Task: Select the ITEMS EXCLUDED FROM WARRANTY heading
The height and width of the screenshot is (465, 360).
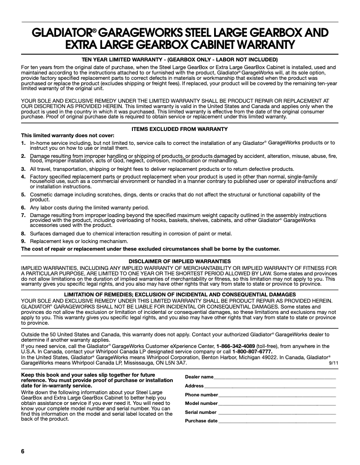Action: pyautogui.click(x=180, y=129)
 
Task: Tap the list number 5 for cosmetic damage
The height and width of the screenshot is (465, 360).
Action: pyautogui.click(x=23, y=195)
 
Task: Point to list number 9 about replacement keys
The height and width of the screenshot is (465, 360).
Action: pyautogui.click(x=23, y=241)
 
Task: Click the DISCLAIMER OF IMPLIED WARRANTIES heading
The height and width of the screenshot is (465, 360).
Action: pyautogui.click(x=180, y=261)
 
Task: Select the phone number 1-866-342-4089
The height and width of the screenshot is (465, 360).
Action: pyautogui.click(x=236, y=346)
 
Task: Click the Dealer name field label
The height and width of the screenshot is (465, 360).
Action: pyautogui.click(x=199, y=377)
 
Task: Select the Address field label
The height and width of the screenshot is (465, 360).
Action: pyautogui.click(x=194, y=386)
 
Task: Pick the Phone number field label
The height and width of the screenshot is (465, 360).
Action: pyautogui.click(x=202, y=395)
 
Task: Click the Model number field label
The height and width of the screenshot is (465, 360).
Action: pyautogui.click(x=201, y=403)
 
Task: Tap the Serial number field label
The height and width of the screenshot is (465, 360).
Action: pyautogui.click(x=201, y=412)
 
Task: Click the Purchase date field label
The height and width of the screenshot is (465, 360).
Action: pyautogui.click(x=201, y=421)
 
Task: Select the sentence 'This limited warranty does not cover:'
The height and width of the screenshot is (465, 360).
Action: pyautogui.click(x=67, y=135)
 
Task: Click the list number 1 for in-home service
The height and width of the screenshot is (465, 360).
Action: pyautogui.click(x=23, y=143)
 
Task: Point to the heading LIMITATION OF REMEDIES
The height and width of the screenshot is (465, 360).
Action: pyautogui.click(x=180, y=295)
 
